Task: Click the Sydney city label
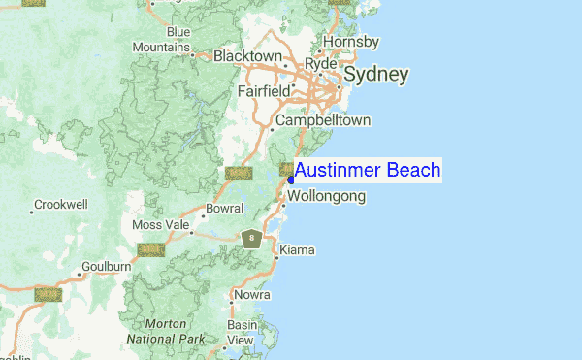[x=376, y=75]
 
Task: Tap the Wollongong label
[x=326, y=197]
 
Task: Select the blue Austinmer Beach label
[x=368, y=171]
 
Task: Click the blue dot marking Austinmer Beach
[x=291, y=180]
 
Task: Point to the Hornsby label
[x=351, y=42]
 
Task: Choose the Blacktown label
[x=246, y=56]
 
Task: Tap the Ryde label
[x=320, y=64]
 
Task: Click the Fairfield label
[x=264, y=91]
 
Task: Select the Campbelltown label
[x=323, y=120]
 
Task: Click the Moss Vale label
[x=161, y=225]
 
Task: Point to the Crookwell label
[x=60, y=205]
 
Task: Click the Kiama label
[x=297, y=250]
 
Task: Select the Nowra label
[x=251, y=295]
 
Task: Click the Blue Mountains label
[x=162, y=40]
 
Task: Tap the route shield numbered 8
[x=252, y=238]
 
